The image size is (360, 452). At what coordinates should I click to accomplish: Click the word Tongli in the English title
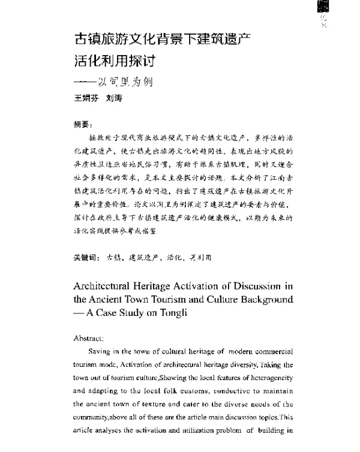coord(177,314)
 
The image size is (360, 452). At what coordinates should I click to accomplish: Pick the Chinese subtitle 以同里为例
coord(129,82)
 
